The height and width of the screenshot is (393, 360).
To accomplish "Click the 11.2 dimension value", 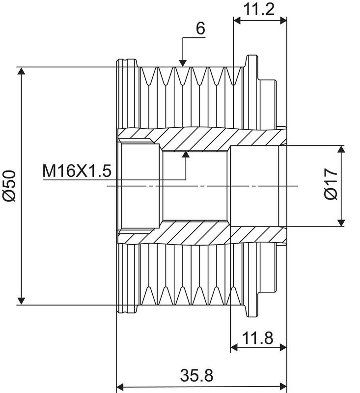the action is (x=258, y=9).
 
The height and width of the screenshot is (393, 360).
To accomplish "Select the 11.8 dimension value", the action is (x=258, y=338).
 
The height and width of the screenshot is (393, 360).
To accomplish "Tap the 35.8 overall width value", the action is (x=196, y=375).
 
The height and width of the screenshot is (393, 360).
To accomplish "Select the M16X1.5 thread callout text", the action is (x=77, y=171).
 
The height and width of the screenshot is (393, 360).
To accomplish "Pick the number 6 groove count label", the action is (x=200, y=28).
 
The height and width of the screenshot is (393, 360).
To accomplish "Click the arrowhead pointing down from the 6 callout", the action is (x=183, y=63).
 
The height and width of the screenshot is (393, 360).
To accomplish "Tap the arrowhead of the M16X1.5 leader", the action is (x=186, y=154).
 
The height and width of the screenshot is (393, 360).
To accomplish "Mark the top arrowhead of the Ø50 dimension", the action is (x=22, y=71).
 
